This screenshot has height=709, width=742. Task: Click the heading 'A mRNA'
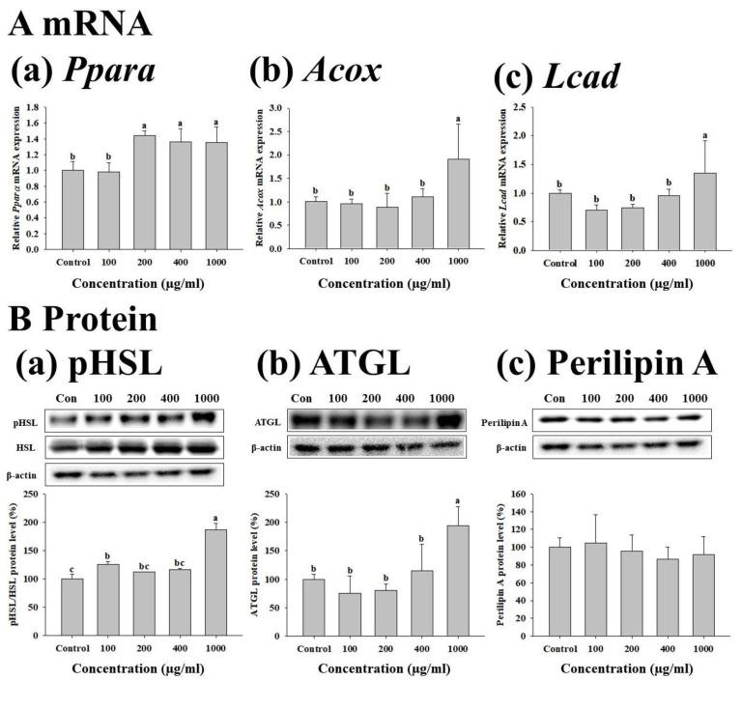[x=79, y=23]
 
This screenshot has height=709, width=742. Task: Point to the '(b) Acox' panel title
[x=317, y=72]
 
